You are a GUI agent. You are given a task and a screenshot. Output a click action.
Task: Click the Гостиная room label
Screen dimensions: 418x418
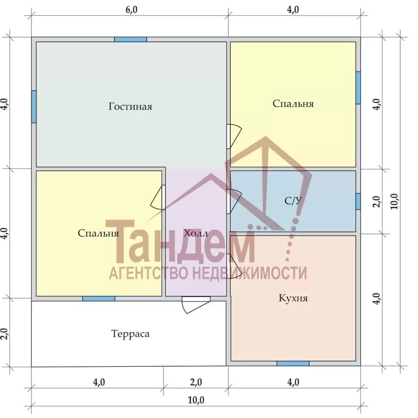[x=130, y=107]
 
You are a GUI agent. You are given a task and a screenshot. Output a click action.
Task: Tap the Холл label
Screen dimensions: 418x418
[x=195, y=233]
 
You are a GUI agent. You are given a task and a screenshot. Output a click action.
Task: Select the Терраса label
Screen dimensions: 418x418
[x=130, y=334]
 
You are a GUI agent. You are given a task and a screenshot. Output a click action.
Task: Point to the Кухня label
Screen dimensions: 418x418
[x=293, y=298]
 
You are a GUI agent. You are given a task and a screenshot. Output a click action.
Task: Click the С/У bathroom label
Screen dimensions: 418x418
[x=293, y=201]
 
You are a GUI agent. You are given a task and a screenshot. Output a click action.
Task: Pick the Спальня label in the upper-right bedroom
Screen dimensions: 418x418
[x=293, y=103]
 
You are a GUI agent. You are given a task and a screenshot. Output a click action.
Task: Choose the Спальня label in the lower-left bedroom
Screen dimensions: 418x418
[x=98, y=233]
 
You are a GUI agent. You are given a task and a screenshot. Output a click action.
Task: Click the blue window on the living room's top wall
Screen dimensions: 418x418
[x=130, y=40]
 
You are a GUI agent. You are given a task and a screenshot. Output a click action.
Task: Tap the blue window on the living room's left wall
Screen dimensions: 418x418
[x=34, y=107]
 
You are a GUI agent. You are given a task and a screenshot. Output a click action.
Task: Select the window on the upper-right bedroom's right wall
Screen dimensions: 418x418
[x=358, y=88]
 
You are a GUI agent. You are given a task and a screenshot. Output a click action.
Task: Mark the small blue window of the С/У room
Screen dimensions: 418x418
[x=358, y=201]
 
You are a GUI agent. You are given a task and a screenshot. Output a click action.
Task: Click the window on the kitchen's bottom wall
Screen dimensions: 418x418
[x=293, y=364]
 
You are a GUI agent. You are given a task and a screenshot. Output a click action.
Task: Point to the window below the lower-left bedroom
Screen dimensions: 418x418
[x=99, y=298]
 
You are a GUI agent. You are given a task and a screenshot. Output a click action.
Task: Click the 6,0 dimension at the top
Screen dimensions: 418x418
[x=131, y=10]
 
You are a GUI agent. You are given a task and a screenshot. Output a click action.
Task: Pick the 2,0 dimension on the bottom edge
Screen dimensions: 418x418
[x=196, y=382]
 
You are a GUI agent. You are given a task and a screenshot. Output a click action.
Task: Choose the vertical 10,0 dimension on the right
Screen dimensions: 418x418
[x=394, y=201]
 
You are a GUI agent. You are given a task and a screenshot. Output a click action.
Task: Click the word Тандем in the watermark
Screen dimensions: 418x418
[x=184, y=241]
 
